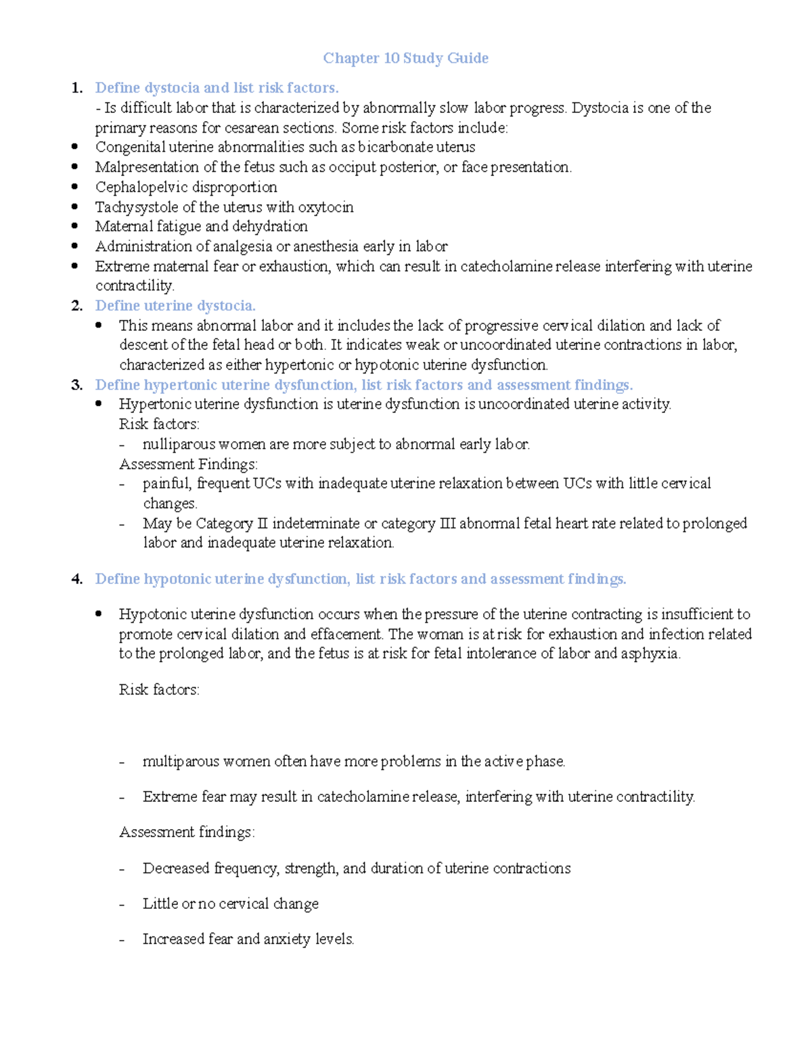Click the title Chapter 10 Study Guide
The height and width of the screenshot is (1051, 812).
405,58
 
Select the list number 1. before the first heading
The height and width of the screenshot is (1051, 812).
77,88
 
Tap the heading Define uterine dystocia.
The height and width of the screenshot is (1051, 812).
175,306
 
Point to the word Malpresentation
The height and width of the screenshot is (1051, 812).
142,167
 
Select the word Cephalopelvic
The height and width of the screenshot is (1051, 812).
137,187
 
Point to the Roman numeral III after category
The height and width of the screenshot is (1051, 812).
447,524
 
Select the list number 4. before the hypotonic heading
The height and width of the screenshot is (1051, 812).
77,579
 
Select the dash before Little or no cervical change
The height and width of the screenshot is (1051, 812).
122,905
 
